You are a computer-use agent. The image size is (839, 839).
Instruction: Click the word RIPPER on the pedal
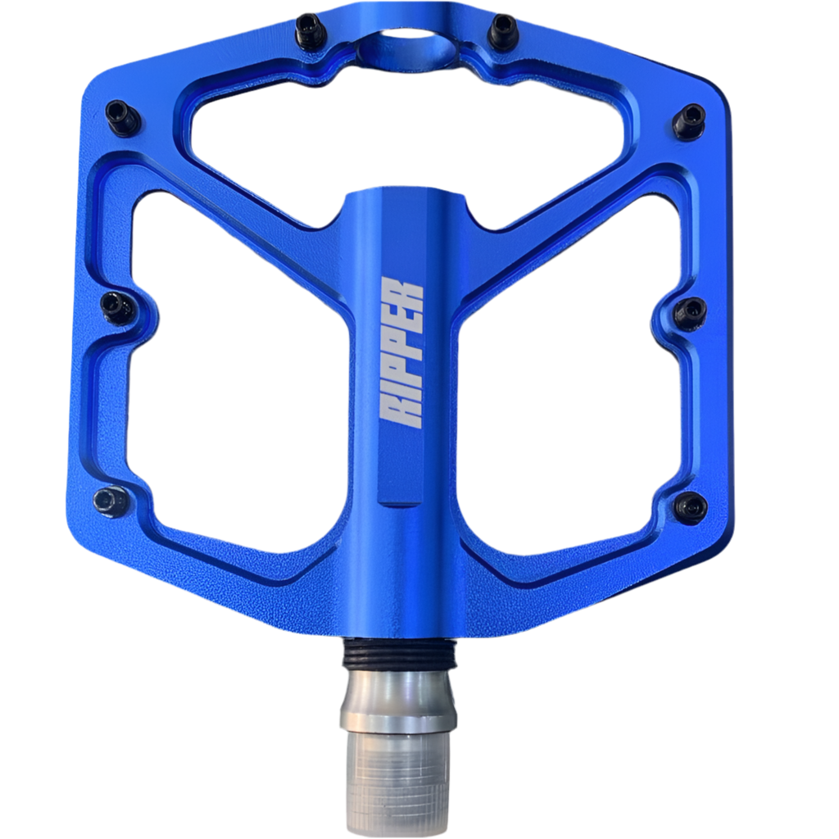tap(403, 352)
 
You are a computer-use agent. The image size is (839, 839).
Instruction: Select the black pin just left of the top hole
tap(310, 31)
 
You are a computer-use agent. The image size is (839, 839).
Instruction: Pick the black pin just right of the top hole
tap(502, 31)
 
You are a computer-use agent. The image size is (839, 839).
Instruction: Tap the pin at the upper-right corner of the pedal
tap(689, 121)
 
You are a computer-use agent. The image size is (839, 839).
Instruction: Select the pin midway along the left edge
tap(117, 307)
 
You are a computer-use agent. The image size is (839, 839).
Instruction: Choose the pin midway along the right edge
tap(690, 312)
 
